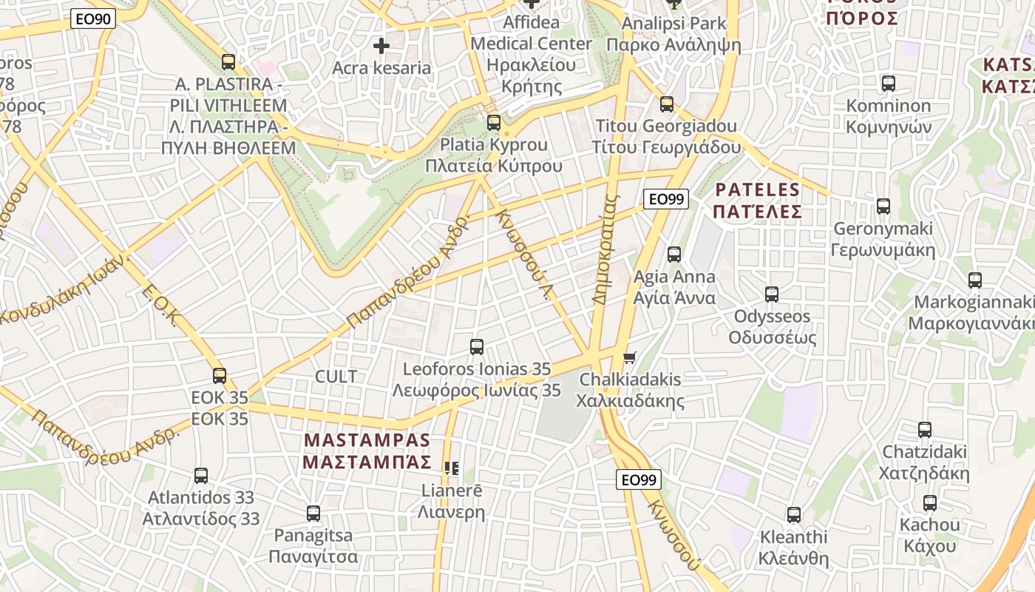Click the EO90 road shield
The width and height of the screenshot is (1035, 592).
93,19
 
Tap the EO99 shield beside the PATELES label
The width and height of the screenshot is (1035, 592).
666,198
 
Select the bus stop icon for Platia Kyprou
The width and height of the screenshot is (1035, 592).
494,123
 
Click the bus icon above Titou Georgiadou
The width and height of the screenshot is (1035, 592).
667,104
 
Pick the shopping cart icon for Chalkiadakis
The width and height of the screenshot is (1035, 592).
630,358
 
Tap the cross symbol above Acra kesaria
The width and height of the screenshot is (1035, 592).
381,47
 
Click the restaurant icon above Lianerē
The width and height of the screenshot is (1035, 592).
452,468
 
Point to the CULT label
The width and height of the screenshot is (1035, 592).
336,377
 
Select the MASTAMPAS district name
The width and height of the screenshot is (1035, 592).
367,440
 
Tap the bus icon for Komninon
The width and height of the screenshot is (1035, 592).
889,84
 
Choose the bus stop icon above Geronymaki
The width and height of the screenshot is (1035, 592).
883,206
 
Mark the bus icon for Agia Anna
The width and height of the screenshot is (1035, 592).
674,255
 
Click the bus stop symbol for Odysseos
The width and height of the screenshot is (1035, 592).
772,295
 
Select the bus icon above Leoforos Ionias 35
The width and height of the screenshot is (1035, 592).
477,346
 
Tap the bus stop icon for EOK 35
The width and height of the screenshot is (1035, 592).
220,375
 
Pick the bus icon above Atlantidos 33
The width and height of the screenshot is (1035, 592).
201,476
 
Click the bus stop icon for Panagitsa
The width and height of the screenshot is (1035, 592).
313,513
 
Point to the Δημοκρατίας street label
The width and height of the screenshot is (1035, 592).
604,250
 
